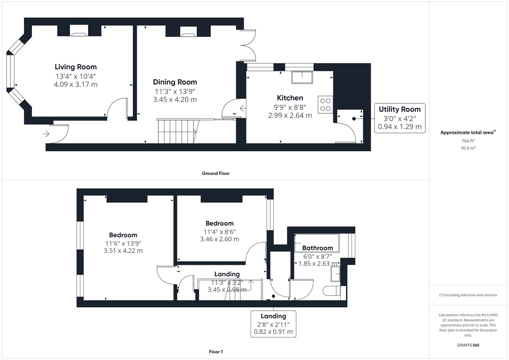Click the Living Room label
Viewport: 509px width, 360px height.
click(76, 67)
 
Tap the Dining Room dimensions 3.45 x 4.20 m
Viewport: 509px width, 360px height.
click(175, 99)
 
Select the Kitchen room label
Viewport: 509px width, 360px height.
click(290, 98)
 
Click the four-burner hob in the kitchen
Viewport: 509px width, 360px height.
click(325, 105)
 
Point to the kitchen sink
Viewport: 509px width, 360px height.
click(302, 77)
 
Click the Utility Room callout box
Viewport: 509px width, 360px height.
click(399, 118)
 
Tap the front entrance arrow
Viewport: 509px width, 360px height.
click(46, 134)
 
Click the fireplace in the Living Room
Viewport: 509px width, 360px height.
click(79, 33)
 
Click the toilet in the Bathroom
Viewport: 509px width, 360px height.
click(332, 291)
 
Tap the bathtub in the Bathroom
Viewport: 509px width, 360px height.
click(317, 243)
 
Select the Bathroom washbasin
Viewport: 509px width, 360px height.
click(335, 274)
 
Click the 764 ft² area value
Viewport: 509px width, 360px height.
click(468, 141)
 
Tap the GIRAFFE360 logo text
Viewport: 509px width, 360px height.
click(468, 345)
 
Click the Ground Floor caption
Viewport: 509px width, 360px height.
click(215, 173)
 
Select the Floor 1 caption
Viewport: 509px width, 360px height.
click(215, 352)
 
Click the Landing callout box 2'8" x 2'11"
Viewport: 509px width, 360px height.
click(273, 324)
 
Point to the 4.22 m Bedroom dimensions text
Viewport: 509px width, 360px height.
click(123, 251)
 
